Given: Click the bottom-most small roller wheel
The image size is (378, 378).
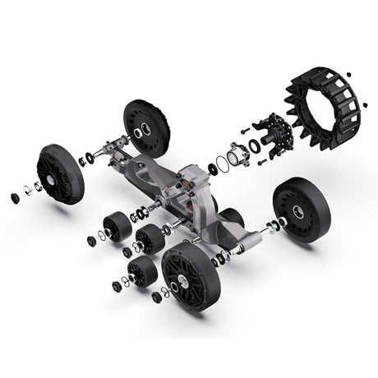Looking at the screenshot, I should (x=143, y=270).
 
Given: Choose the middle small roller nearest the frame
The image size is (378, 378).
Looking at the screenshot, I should (x=150, y=239).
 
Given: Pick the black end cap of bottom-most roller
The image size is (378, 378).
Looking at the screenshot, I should (x=115, y=287).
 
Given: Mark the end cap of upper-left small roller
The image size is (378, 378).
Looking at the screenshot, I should (x=91, y=241).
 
